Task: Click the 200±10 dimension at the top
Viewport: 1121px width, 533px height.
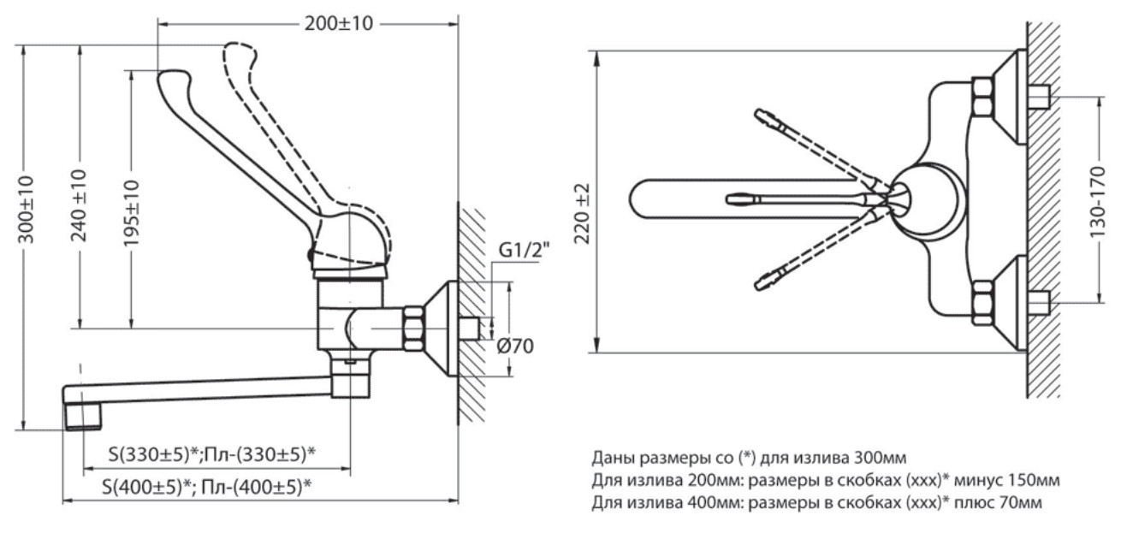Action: (x=339, y=23)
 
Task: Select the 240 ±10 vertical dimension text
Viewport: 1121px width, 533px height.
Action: (x=79, y=205)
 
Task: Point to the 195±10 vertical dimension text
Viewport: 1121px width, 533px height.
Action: (x=132, y=213)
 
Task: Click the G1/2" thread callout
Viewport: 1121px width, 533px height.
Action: (x=524, y=249)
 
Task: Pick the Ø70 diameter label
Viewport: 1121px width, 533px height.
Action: (x=515, y=346)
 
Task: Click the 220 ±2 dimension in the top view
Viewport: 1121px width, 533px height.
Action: (x=583, y=214)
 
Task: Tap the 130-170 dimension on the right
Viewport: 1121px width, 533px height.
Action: (x=1098, y=202)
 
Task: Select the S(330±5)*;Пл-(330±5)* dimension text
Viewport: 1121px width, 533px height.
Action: (x=212, y=454)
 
